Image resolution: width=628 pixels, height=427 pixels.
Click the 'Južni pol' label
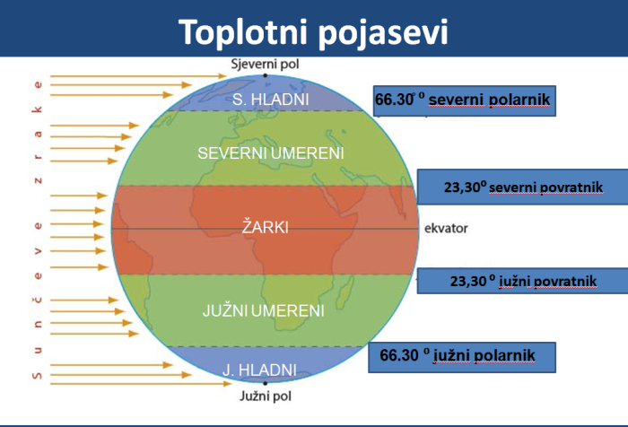tap(265, 395)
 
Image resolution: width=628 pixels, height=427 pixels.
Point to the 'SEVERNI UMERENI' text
tap(271, 153)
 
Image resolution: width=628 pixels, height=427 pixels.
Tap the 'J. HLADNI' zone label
tap(260, 369)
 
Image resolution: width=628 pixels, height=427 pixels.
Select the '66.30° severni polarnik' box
tap(466, 101)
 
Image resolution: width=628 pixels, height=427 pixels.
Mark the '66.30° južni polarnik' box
tap(461, 357)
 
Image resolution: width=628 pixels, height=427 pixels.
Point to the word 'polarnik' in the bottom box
tap(502, 356)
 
